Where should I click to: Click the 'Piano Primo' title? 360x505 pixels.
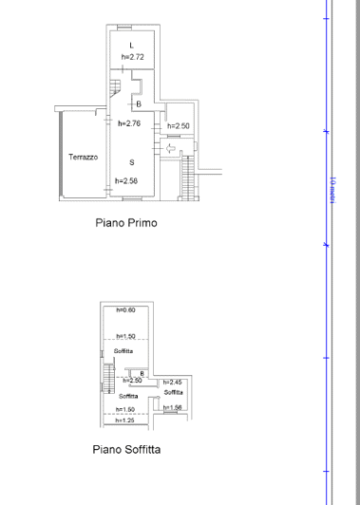coord(125,224)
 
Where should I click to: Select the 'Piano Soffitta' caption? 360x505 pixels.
coord(126,450)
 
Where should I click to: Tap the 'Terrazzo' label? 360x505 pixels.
coord(82,158)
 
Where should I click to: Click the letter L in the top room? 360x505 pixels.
coord(131,46)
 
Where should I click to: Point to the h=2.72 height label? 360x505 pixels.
coord(132,57)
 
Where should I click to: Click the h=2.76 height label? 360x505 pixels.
coord(128,123)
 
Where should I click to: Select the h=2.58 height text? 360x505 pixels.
coord(126,180)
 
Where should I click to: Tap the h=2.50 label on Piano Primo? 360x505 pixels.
coord(179,126)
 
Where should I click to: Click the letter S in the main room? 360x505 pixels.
coord(131,162)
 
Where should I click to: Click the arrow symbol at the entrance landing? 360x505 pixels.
coord(170,148)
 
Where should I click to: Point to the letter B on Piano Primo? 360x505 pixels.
coord(138,104)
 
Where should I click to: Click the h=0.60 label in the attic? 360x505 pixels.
coord(125,310)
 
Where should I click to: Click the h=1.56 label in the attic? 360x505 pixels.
coord(173,407)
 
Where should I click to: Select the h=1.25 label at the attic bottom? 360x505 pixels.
coord(125,421)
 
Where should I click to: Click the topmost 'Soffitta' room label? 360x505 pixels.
coord(124,351)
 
